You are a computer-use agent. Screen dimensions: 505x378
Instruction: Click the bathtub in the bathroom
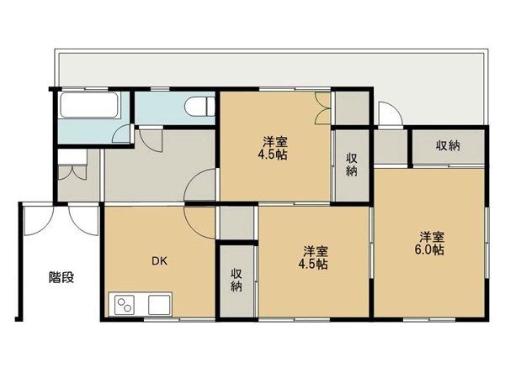(x=89, y=105)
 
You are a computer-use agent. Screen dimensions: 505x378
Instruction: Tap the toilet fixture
(x=199, y=106)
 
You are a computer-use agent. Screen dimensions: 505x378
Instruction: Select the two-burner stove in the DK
(x=124, y=304)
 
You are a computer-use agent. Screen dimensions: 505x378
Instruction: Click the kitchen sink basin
(x=159, y=304)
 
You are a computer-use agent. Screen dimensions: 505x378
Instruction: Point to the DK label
(x=160, y=261)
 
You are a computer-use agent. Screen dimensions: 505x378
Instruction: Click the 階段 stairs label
(x=61, y=277)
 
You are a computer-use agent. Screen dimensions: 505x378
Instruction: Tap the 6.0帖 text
(x=429, y=249)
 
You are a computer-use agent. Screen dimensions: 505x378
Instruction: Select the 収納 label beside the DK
(x=237, y=280)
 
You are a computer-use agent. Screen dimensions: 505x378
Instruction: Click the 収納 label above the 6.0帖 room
(x=448, y=145)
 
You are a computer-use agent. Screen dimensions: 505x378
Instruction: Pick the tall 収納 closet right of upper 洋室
(x=351, y=165)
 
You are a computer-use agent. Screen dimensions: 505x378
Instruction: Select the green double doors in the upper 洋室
(x=323, y=108)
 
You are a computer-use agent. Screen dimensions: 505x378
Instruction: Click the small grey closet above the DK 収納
(x=237, y=223)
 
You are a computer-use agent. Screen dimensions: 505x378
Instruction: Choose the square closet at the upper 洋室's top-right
(x=352, y=108)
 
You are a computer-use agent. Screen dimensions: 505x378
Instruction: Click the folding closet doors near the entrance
(x=73, y=171)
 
